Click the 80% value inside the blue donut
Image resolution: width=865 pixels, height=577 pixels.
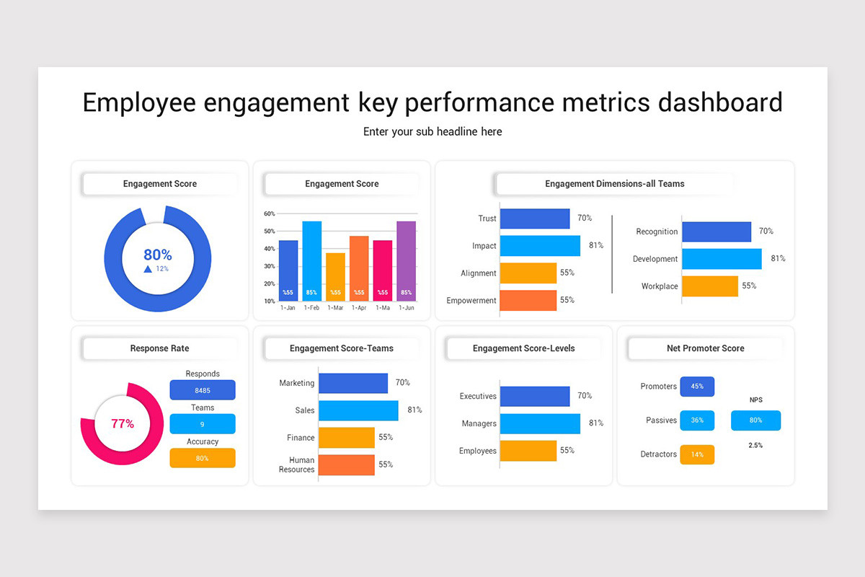(x=158, y=255)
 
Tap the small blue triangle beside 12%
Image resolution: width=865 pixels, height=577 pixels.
(x=148, y=269)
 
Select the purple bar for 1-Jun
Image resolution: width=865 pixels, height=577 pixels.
(x=406, y=260)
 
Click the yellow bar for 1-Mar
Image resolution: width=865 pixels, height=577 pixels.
(x=335, y=276)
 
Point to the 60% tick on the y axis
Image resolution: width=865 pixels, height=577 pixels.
(x=270, y=213)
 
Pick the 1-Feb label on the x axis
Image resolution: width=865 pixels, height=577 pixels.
(x=311, y=308)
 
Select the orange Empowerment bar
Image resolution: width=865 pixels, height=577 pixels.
(x=528, y=300)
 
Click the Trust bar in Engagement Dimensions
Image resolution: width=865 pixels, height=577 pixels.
(x=534, y=219)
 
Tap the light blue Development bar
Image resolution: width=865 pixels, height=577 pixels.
(x=721, y=259)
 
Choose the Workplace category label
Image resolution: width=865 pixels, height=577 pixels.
(x=660, y=286)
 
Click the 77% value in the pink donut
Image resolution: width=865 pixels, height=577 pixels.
(x=123, y=424)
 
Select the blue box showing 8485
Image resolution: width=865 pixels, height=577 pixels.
(x=203, y=390)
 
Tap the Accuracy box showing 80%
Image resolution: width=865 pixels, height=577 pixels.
(x=203, y=458)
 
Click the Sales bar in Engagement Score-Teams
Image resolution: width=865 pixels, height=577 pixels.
(x=358, y=410)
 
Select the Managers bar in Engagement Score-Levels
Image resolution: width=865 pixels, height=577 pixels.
(x=539, y=423)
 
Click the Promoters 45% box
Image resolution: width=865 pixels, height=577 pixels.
(x=697, y=387)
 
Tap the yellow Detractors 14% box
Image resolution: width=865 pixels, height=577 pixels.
(x=697, y=454)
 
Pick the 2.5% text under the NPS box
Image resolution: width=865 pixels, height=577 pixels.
(x=755, y=446)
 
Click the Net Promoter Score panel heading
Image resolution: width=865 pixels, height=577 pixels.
(x=705, y=348)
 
